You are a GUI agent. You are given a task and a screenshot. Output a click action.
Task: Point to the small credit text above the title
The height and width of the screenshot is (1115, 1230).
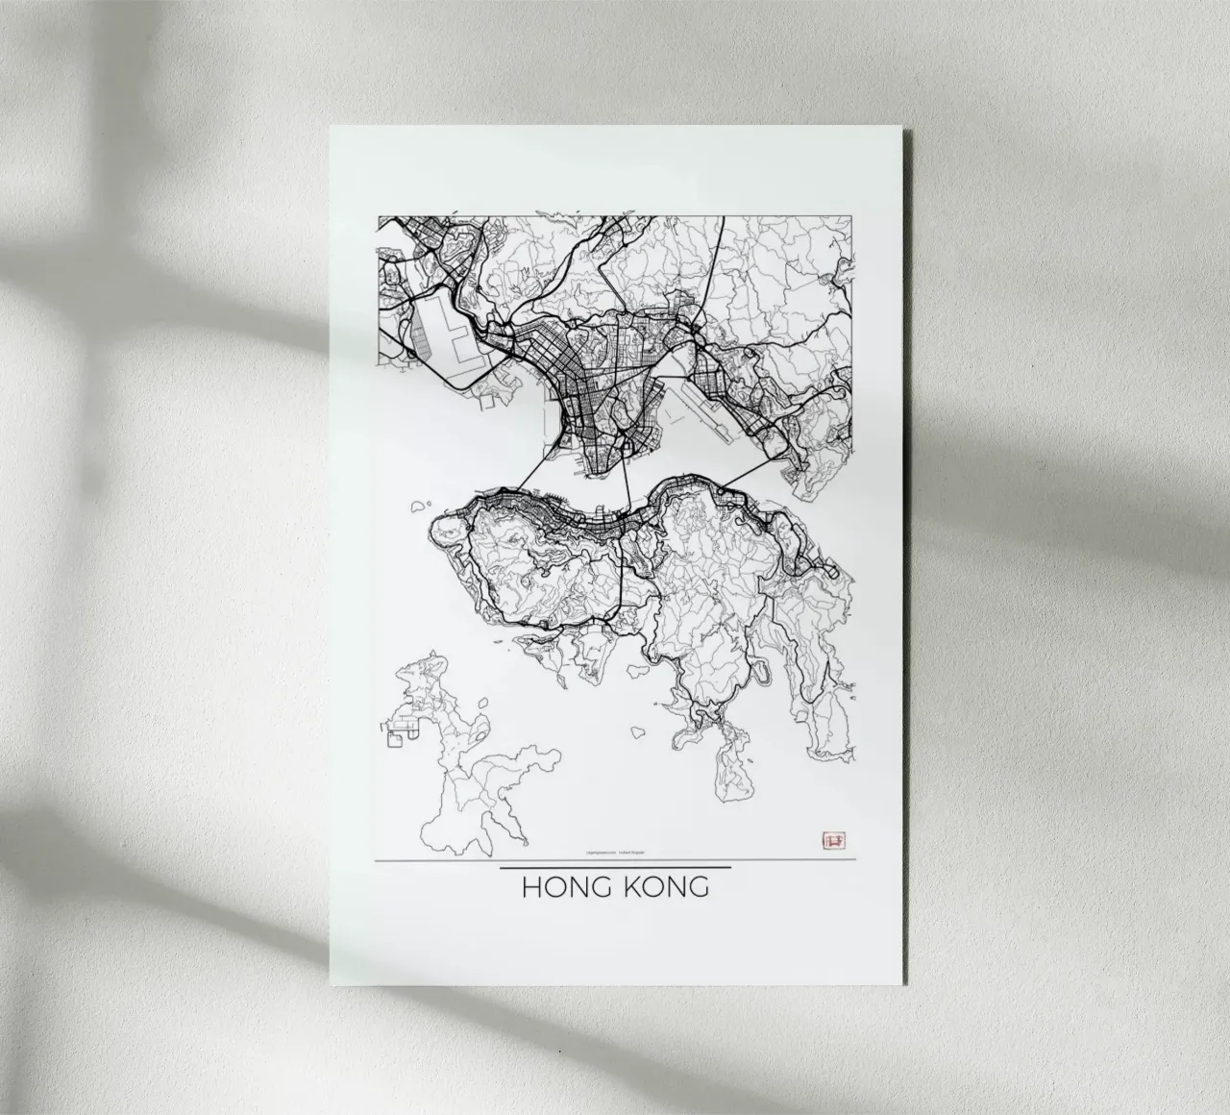pos(615,851)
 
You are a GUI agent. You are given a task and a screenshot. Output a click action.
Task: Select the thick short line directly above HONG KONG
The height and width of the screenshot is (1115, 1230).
pos(616,868)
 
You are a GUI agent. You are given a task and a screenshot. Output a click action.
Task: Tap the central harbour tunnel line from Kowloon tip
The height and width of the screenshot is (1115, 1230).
pos(626,481)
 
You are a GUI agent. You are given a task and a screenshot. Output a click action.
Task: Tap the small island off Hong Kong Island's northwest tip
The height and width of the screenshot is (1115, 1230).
pos(419,506)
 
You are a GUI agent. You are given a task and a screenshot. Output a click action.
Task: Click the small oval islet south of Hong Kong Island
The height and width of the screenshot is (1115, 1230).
pos(637,731)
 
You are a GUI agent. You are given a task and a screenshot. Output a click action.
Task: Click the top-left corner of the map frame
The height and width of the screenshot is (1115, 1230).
pos(378,216)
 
